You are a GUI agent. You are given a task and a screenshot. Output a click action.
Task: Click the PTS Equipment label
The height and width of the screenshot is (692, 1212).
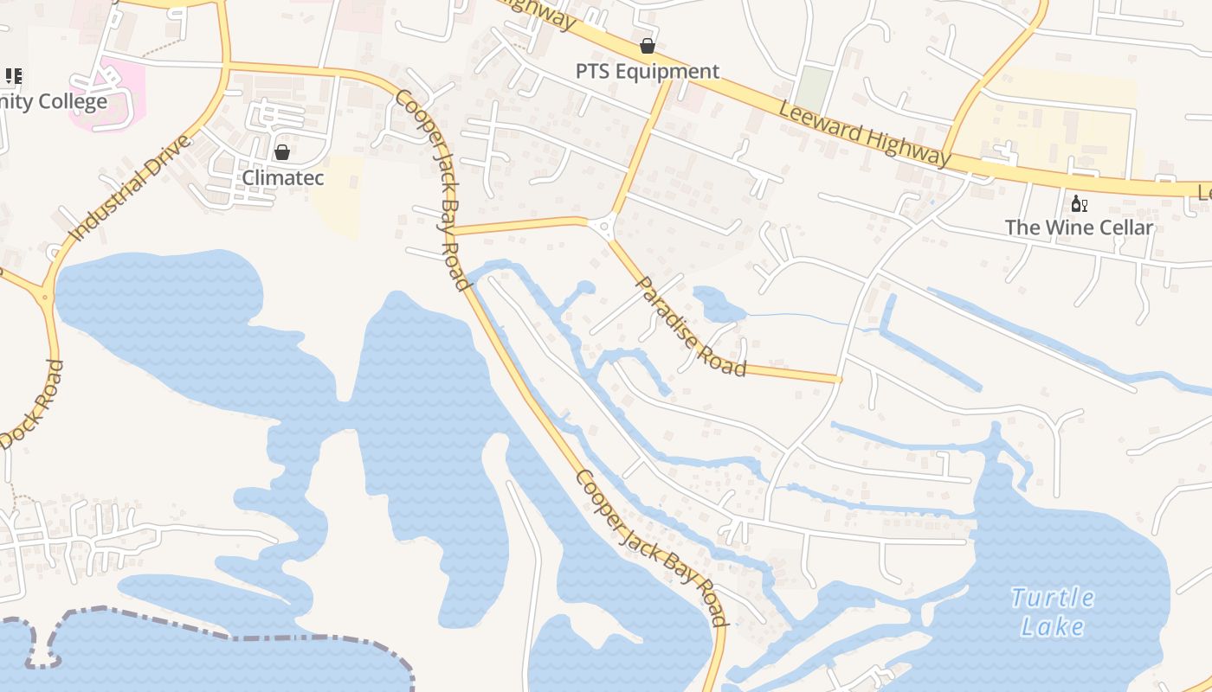pyautogui.click(x=648, y=71)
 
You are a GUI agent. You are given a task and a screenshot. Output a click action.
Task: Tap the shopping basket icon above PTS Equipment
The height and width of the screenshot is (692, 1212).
pyautogui.click(x=648, y=46)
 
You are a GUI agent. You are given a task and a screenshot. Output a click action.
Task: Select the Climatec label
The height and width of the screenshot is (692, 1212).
pyautogui.click(x=283, y=177)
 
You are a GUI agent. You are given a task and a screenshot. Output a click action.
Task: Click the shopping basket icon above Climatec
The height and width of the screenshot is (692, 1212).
pyautogui.click(x=282, y=153)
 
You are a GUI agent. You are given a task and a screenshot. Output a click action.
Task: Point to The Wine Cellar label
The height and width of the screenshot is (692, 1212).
pyautogui.click(x=1079, y=227)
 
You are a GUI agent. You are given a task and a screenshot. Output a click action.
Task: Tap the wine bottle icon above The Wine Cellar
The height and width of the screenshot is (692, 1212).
pyautogui.click(x=1079, y=204)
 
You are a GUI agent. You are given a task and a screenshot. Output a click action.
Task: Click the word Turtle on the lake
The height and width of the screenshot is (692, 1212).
pyautogui.click(x=1052, y=598)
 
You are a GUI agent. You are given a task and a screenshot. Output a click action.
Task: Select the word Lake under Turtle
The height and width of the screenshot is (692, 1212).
pyautogui.click(x=1052, y=626)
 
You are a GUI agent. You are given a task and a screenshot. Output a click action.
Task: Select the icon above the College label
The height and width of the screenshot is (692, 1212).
pyautogui.click(x=14, y=76)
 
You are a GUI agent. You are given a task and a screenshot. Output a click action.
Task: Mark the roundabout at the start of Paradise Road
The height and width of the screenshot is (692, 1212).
pyautogui.click(x=603, y=227)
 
